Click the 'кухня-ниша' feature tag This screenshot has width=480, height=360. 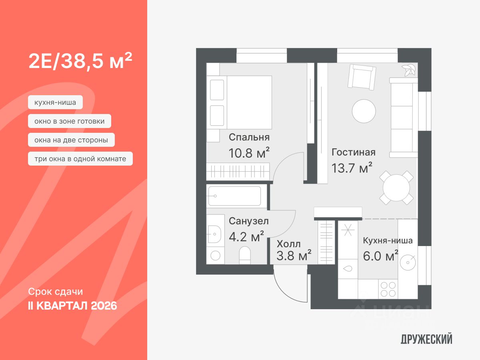click(55, 103)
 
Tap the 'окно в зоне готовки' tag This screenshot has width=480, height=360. click(70, 121)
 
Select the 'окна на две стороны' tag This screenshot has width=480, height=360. click(71, 140)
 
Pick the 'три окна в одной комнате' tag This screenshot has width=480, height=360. click(80, 159)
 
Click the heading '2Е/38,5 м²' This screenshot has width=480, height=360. click(80, 62)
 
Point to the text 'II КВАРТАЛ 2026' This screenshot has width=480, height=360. click(72, 306)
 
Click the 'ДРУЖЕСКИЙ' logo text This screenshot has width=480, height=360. click(426, 340)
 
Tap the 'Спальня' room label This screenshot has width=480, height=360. click(249, 137)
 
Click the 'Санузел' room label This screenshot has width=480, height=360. click(249, 221)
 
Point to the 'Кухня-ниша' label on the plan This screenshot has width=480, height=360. click(388, 240)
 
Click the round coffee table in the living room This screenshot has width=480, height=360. click(364, 111)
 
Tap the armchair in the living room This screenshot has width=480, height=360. click(362, 77)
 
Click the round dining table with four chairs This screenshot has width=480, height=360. click(396, 188)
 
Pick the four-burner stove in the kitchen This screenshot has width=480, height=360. click(388, 289)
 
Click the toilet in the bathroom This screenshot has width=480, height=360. click(244, 255)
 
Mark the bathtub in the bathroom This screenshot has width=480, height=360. click(235, 196)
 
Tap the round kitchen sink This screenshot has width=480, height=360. click(408, 262)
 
